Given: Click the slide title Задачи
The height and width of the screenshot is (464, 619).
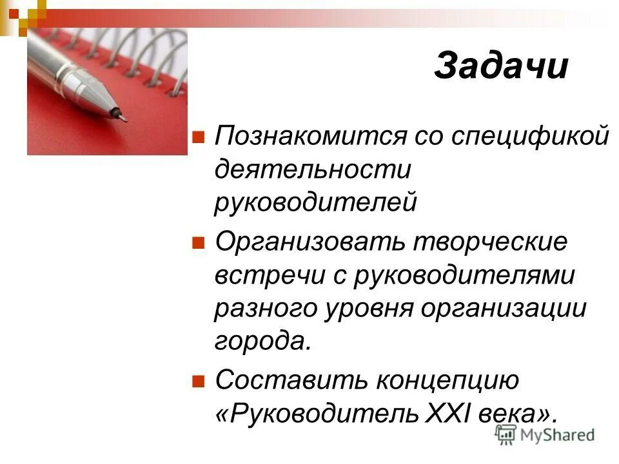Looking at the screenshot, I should [501, 66].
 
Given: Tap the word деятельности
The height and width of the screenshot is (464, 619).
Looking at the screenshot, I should [313, 170].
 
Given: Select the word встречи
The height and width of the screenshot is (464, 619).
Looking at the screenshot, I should [271, 275].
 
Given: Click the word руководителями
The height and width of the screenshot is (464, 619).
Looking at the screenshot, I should [464, 275].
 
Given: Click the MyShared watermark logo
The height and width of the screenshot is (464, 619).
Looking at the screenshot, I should [545, 434].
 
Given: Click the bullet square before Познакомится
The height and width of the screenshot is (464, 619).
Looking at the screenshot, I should [199, 137].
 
